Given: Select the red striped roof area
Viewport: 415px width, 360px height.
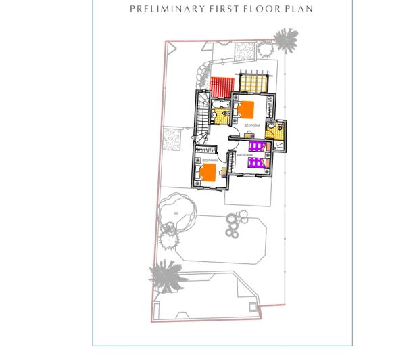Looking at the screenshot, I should pos(221,87).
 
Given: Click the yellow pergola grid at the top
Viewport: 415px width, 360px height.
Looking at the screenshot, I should pos(254,83).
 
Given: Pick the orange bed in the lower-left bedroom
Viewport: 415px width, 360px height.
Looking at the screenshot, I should pos(207,173).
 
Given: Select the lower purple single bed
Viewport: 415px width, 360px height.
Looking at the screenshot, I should pos(258,163).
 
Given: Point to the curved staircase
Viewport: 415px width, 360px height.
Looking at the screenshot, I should pos(202,115).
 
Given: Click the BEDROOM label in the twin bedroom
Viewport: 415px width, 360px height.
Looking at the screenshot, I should pos(245,156).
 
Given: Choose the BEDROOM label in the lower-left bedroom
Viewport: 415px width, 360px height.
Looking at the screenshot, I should pos(210,160).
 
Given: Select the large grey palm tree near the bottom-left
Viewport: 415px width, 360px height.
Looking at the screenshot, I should pos(166,275).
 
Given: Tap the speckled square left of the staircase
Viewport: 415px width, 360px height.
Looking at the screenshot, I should pos(174,139).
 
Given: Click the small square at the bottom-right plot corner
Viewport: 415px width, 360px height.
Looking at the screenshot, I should pos(253,308).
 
